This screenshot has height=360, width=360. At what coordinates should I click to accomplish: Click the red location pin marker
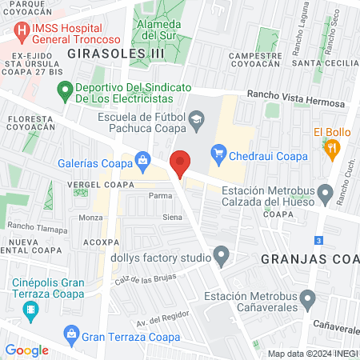pyautogui.click(x=181, y=162)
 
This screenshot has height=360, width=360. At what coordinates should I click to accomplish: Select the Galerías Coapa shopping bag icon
pyautogui.click(x=142, y=159)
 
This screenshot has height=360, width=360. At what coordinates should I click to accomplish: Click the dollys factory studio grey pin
pyautogui.click(x=222, y=258)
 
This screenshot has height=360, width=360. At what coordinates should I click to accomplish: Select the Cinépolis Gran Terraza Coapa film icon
pyautogui.click(x=30, y=310)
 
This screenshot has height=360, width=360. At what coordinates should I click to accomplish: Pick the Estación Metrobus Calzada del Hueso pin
pyautogui.click(x=325, y=193)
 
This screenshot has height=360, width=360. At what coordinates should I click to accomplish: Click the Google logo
pyautogui.click(x=27, y=350)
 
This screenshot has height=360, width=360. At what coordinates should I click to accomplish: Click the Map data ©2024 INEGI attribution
pyautogui.click(x=312, y=354)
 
